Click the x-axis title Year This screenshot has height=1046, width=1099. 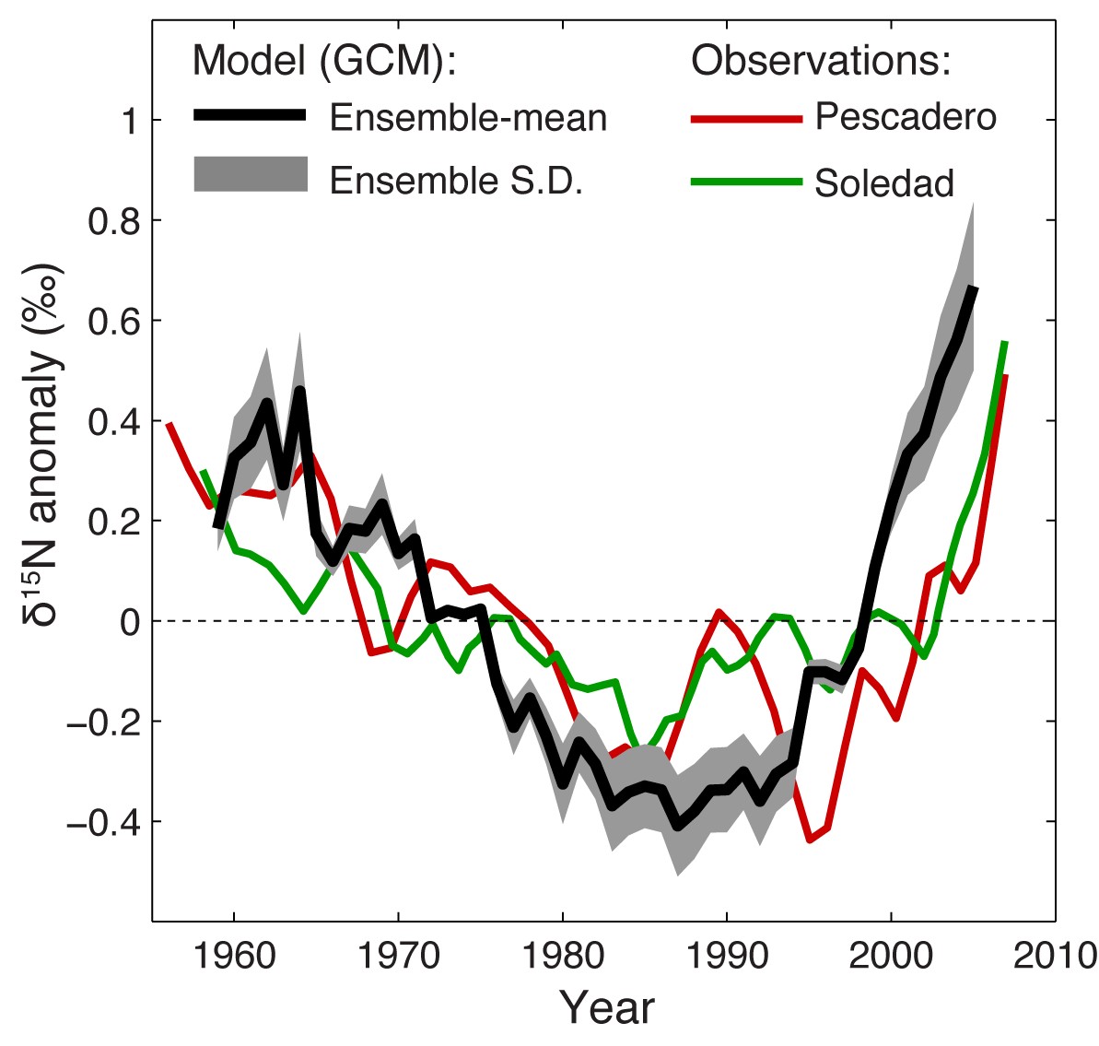point(607,1007)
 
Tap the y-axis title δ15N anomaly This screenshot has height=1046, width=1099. point(43,442)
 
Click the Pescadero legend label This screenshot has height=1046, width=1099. point(906,117)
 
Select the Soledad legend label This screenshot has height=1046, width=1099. point(884,183)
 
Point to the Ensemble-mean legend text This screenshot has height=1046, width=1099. point(468,118)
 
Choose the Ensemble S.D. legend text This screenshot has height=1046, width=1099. point(456,181)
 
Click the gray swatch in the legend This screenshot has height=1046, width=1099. point(250,175)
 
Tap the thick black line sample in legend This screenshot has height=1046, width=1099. point(250,115)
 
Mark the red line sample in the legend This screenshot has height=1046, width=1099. point(746,119)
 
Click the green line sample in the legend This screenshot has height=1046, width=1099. point(746,182)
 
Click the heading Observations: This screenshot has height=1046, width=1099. point(821,61)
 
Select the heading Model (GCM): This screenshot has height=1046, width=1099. point(325,61)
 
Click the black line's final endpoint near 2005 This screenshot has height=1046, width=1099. point(974,288)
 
